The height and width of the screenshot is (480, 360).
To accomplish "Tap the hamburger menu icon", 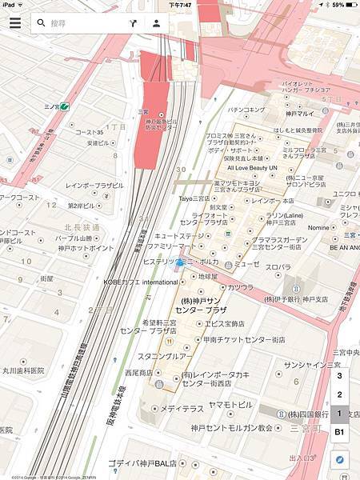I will click(x=14, y=22).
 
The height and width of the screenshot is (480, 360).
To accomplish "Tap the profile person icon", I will click(x=156, y=23).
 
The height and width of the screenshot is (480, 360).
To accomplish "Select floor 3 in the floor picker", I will click(x=339, y=375).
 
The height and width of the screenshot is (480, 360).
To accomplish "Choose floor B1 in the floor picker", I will click(x=339, y=432).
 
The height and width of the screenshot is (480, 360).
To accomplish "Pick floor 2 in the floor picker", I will click(x=339, y=394).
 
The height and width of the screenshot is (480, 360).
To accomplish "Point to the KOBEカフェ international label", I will click(x=140, y=282).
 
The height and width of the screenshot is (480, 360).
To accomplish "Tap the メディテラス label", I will click(x=182, y=408).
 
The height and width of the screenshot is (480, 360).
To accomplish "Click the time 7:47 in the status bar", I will click(x=180, y=5).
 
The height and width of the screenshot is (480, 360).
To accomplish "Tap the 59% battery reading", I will click(x=337, y=5).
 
